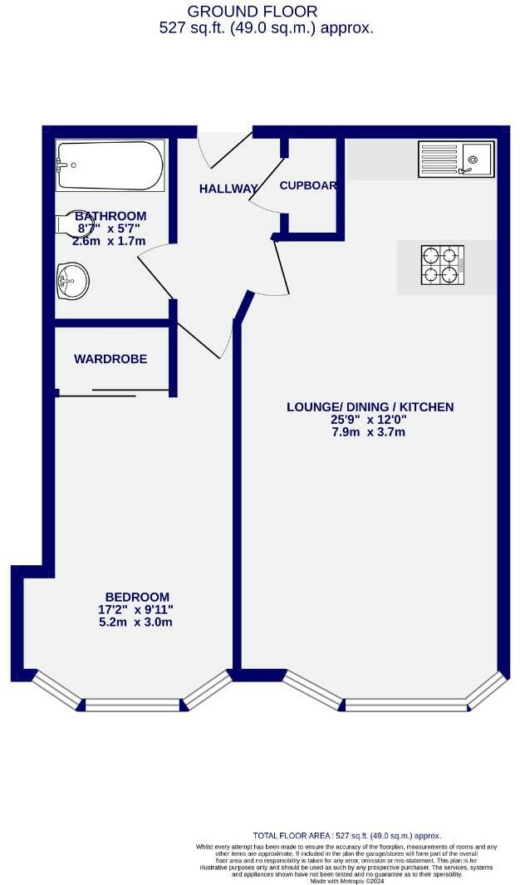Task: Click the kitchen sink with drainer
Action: [x=455, y=159]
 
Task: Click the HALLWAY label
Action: [x=228, y=189]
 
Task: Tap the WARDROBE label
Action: [x=110, y=359]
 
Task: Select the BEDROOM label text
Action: [x=137, y=597]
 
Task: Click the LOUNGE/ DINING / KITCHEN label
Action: [x=370, y=407]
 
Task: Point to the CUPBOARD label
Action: [x=308, y=185]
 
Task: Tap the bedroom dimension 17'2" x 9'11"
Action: [x=137, y=609]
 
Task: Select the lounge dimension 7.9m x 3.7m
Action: [x=370, y=433]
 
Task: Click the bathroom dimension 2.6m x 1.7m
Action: [x=109, y=241]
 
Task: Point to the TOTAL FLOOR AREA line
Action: [x=346, y=836]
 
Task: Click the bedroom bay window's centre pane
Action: [x=132, y=705]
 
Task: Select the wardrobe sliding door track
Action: [x=115, y=392]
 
